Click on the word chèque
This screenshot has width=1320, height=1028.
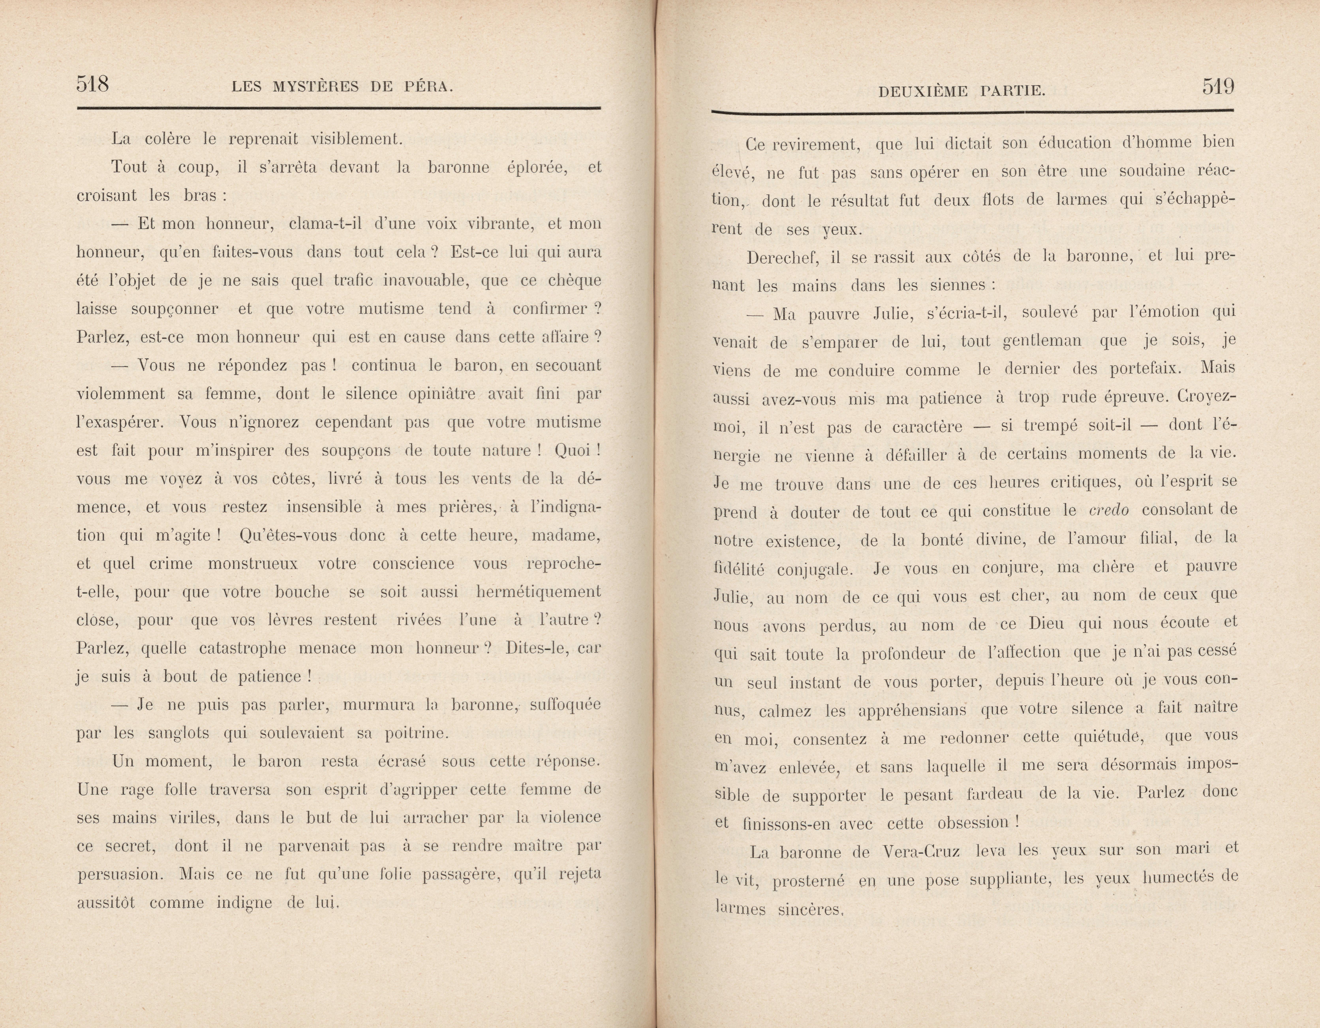[574, 281]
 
